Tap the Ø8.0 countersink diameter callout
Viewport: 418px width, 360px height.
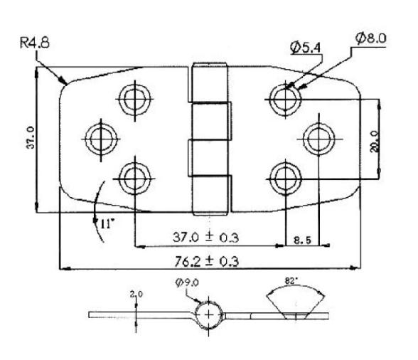pyautogui.click(x=372, y=38)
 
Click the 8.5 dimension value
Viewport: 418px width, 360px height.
pyautogui.click(x=302, y=240)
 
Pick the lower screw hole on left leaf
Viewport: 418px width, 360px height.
pyautogui.click(x=133, y=176)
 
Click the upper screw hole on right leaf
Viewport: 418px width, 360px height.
pyautogui.click(x=284, y=97)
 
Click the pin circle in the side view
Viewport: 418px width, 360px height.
pyautogui.click(x=208, y=314)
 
